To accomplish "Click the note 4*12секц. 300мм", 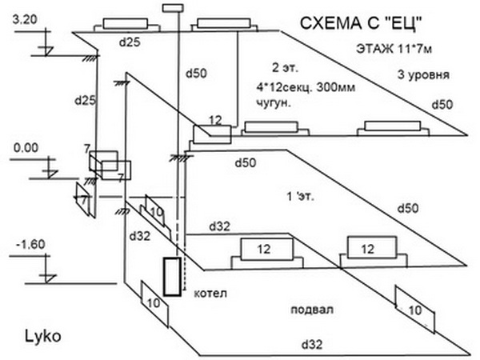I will pyautogui.click(x=297, y=86).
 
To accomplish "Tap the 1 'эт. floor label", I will pyautogui.click(x=298, y=197).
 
